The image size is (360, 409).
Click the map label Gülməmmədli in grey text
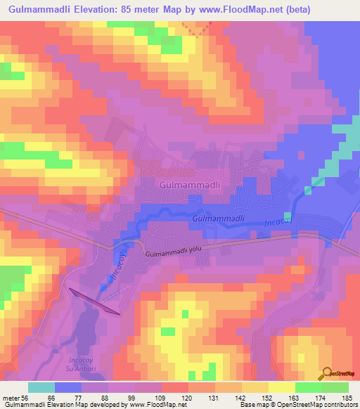(191, 184)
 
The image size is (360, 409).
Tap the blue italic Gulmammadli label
(218, 219)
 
